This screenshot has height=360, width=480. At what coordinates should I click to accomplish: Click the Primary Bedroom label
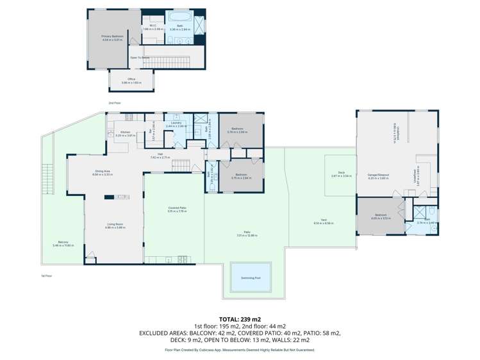pos(112,37)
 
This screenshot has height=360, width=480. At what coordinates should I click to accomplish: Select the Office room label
pos(131,79)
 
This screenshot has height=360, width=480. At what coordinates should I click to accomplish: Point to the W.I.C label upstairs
pos(145,26)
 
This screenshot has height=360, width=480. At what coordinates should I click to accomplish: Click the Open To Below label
pos(140,57)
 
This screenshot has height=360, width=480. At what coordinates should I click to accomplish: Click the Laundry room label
pos(176,123)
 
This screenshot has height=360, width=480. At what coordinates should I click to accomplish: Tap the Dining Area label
pos(103,171)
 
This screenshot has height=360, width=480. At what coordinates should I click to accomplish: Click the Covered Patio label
pos(176,208)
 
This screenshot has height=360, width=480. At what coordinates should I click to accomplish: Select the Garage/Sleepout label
pos(379,175)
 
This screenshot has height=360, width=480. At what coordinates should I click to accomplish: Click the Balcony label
pos(63,241)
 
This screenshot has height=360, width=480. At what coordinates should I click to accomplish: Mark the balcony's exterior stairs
pos(46,176)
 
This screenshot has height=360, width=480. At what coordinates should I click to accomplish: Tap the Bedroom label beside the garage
pos(380,216)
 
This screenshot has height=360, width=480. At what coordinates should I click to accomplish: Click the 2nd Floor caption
pos(115,102)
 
